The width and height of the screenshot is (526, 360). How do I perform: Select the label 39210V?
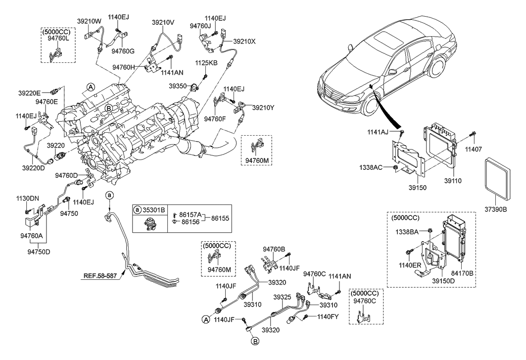[164, 22]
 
